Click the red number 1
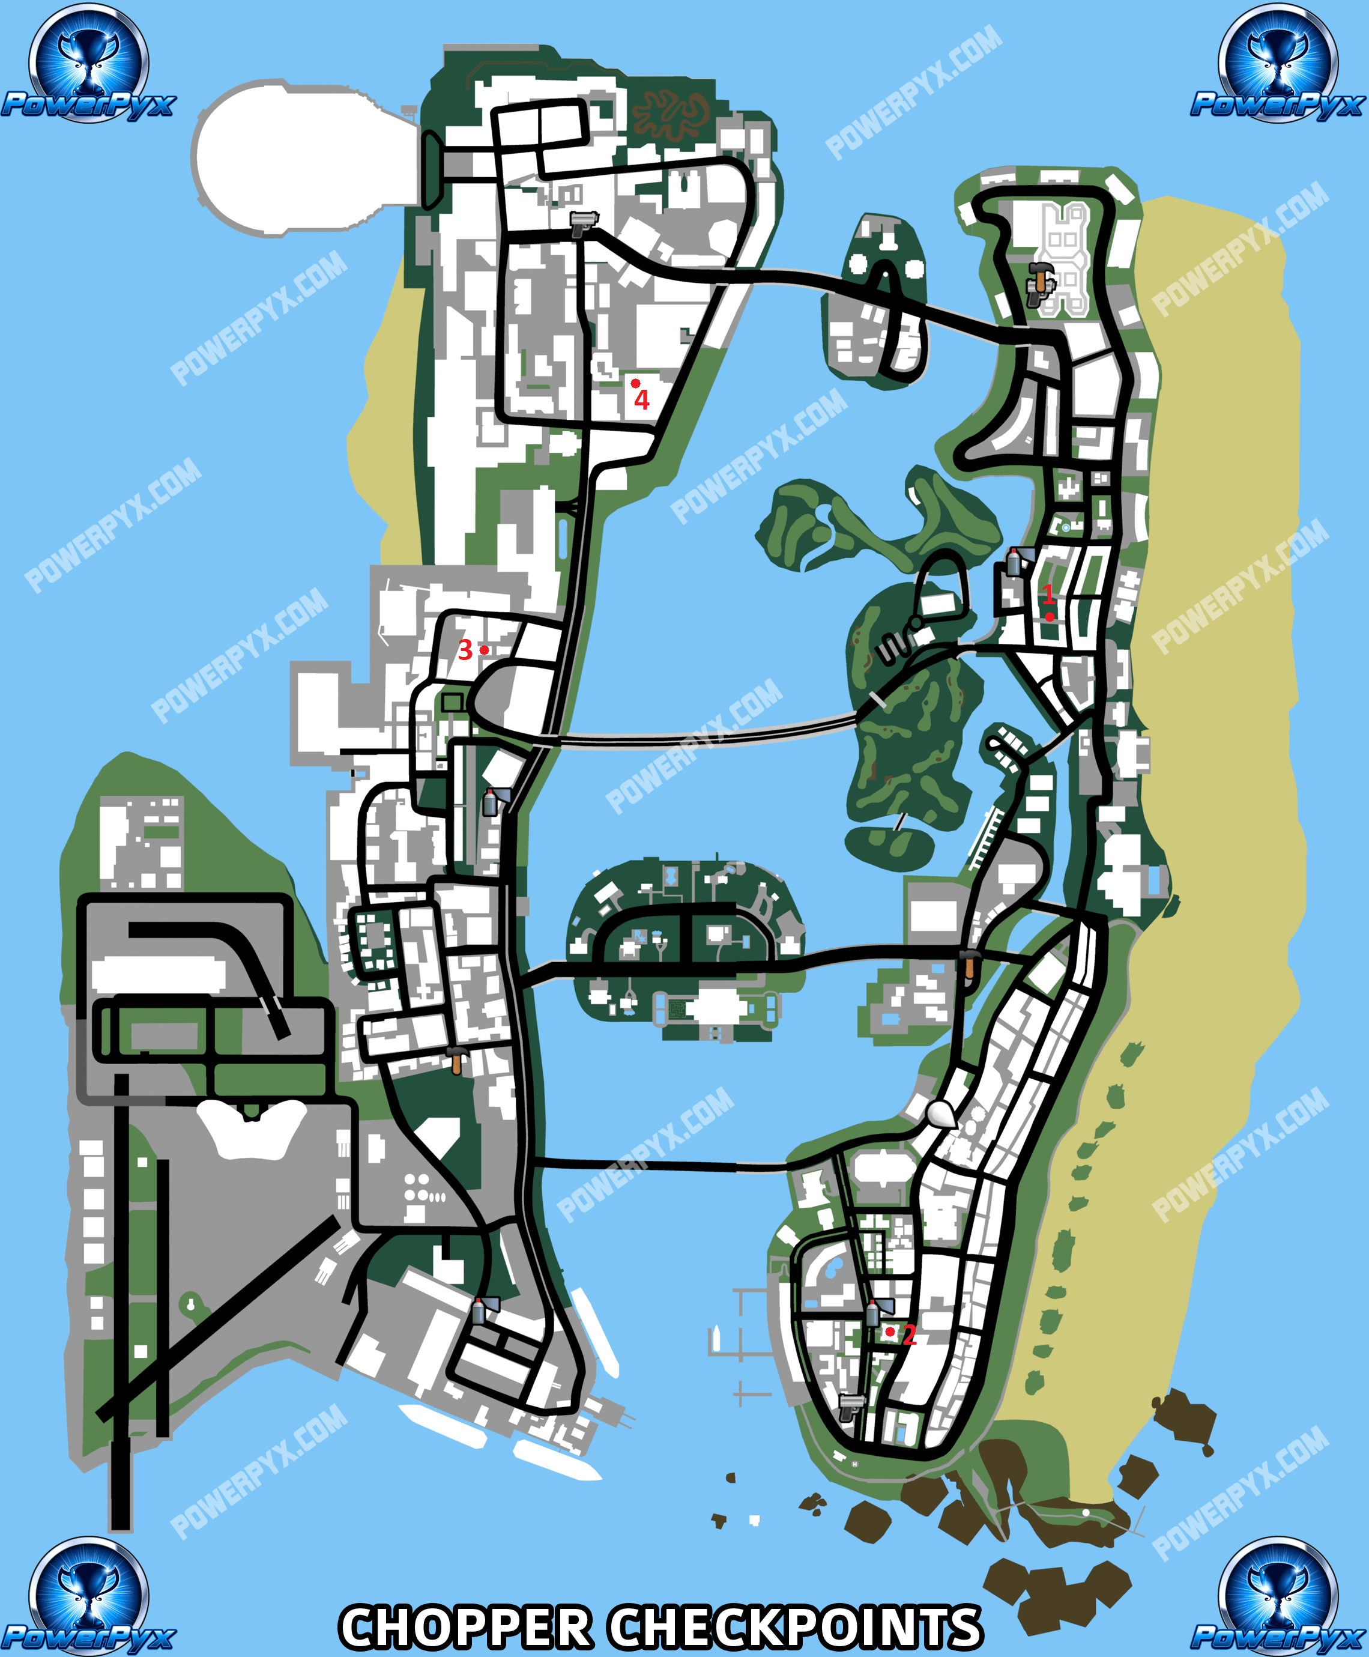pyautogui.click(x=1048, y=594)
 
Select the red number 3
pyautogui.click(x=465, y=650)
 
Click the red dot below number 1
pyautogui.click(x=1050, y=617)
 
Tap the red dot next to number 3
pyautogui.click(x=484, y=650)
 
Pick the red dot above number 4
pyautogui.click(x=636, y=383)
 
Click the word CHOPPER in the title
pyautogui.click(x=465, y=1628)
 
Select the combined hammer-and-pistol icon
pyautogui.click(x=1039, y=284)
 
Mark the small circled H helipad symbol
pyautogui.click(x=856, y=1464)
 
